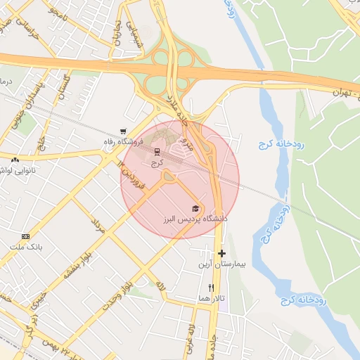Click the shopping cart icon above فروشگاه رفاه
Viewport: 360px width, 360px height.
(x=124, y=131)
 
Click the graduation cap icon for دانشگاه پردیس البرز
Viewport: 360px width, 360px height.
(x=195, y=208)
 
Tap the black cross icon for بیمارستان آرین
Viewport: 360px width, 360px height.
(x=221, y=253)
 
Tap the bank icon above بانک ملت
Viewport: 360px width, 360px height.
(x=26, y=236)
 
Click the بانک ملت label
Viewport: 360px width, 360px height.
(x=27, y=247)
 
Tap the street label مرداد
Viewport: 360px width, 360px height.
(x=98, y=226)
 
